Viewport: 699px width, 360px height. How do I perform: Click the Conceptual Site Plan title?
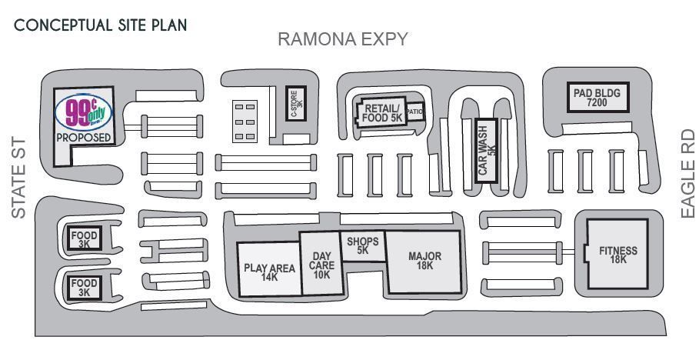point(101,25)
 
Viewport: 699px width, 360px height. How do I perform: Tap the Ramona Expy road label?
point(342,39)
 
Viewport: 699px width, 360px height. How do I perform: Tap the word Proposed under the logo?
point(84,138)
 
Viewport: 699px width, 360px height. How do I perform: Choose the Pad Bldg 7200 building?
point(597,96)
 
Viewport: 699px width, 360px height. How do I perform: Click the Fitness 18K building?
point(618,255)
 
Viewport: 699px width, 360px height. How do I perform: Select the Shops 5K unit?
point(363,246)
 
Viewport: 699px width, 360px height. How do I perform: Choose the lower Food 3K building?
point(84,287)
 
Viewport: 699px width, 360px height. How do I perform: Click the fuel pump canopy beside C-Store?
point(245,122)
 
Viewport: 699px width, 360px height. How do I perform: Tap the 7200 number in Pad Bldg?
point(597,102)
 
